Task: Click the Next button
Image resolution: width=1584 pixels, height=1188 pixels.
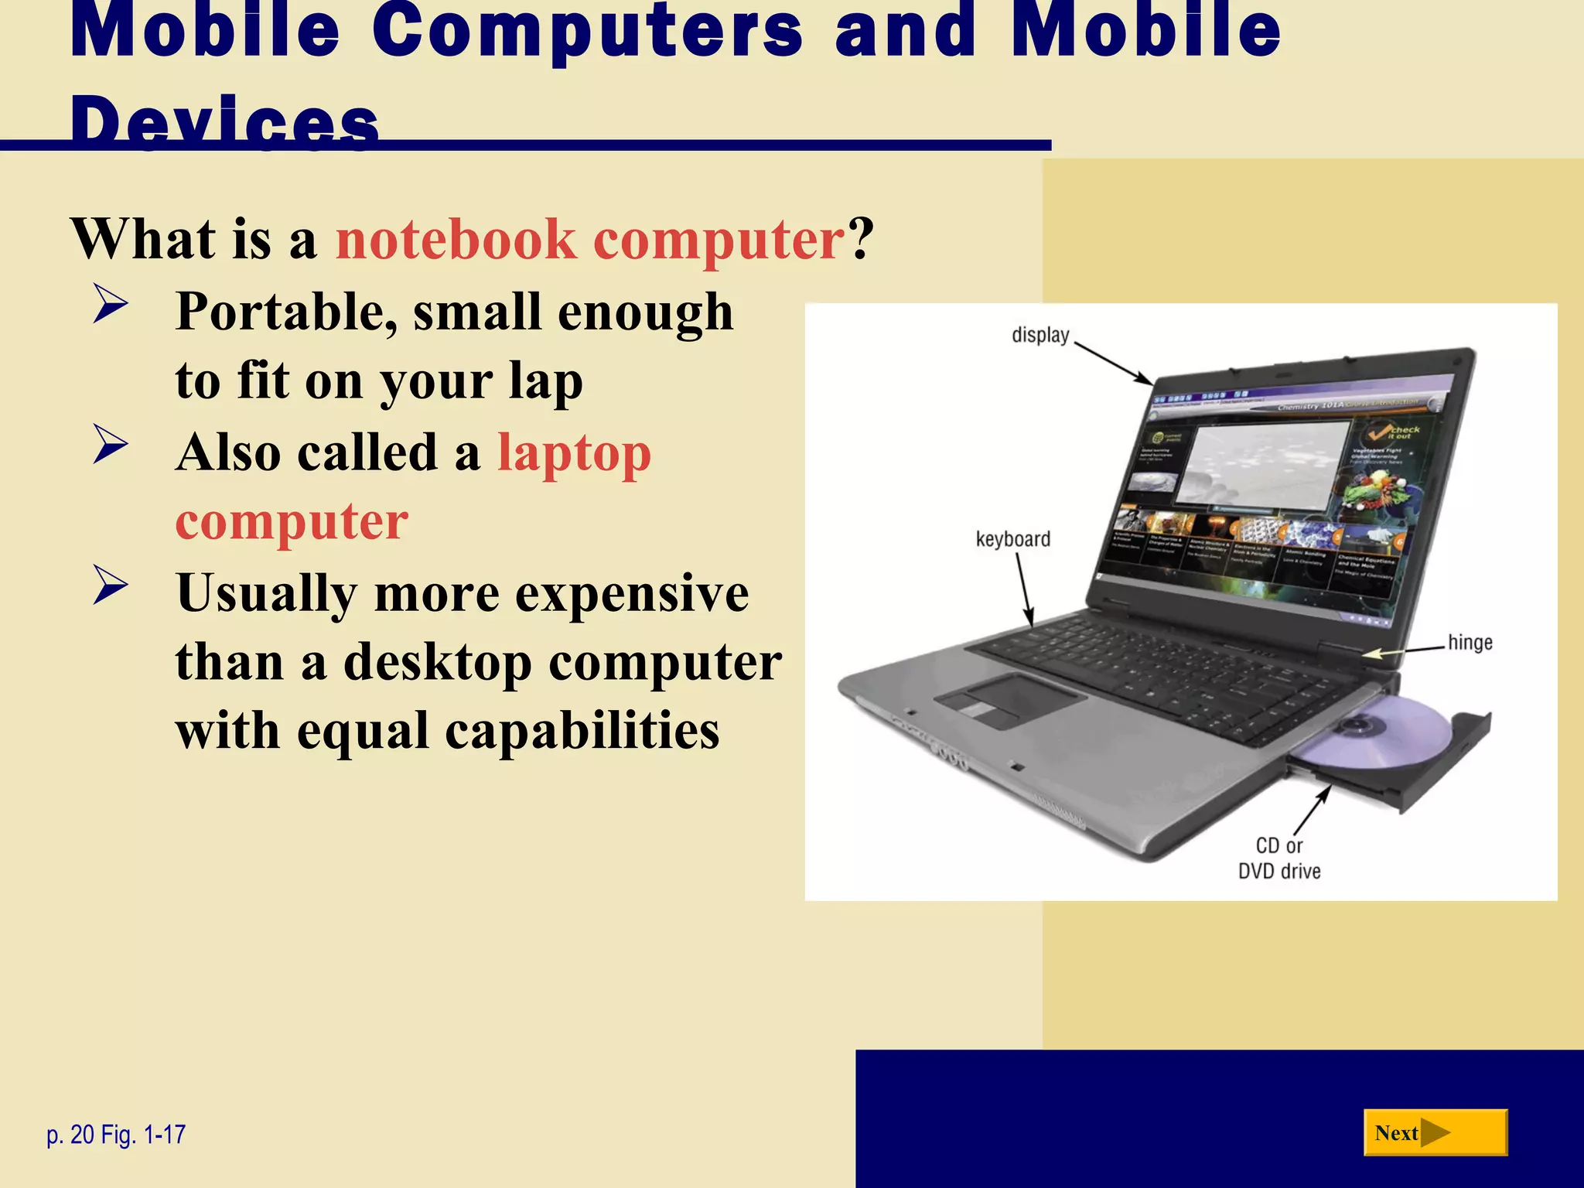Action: [1435, 1133]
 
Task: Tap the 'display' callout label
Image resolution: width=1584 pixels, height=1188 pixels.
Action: [1039, 336]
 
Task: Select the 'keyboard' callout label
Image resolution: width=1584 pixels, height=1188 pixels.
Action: [1012, 539]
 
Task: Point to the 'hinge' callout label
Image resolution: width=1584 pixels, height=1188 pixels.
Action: [1470, 643]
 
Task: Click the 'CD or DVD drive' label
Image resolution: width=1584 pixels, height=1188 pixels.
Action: [1279, 859]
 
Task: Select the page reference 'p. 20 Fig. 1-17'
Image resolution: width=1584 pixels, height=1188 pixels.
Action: [116, 1135]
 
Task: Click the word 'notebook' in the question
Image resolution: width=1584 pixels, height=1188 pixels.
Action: [456, 239]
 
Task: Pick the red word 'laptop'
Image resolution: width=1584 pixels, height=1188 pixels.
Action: [574, 452]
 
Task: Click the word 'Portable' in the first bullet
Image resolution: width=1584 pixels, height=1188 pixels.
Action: [286, 312]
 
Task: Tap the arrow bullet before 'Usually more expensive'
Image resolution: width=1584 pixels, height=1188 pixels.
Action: [110, 585]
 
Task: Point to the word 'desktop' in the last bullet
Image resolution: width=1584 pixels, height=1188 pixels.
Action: [438, 663]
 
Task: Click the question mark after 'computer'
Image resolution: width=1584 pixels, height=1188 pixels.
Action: [861, 239]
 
